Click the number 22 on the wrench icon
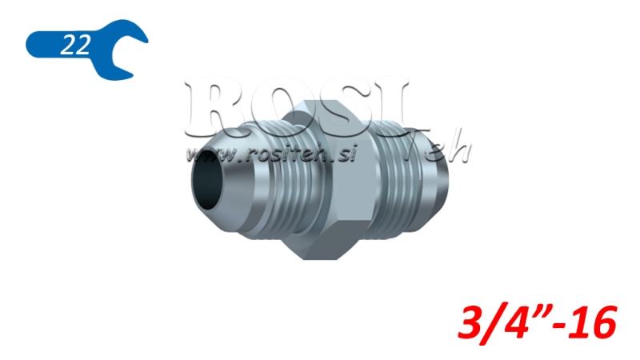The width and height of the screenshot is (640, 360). coord(74,46)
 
